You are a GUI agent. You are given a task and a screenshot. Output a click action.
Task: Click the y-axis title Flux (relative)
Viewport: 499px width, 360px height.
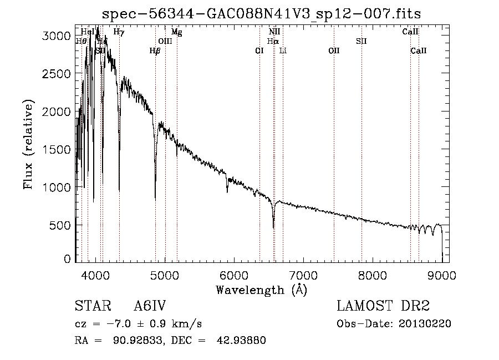point(28,144)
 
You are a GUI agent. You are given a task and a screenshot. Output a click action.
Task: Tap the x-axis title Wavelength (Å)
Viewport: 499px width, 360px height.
point(261,290)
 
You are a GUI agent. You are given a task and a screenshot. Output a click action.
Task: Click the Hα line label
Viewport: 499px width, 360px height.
point(272,41)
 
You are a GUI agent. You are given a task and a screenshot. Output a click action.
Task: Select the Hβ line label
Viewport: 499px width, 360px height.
point(155,50)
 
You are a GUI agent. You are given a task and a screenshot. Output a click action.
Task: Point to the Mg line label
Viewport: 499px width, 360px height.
point(176,32)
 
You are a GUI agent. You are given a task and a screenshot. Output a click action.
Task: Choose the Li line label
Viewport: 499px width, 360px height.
point(283,50)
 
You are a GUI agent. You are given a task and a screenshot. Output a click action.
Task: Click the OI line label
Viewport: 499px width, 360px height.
point(259,50)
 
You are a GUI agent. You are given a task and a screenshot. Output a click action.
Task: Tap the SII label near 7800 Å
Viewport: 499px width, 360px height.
point(361,41)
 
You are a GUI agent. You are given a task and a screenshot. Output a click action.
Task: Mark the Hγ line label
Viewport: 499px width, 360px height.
point(119,32)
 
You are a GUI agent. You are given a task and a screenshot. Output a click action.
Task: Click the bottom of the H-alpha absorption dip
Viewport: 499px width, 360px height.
point(273,226)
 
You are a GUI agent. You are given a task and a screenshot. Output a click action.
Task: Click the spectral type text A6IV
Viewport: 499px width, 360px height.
point(150,306)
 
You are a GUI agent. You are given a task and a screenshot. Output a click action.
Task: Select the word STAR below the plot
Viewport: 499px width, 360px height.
point(92,306)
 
